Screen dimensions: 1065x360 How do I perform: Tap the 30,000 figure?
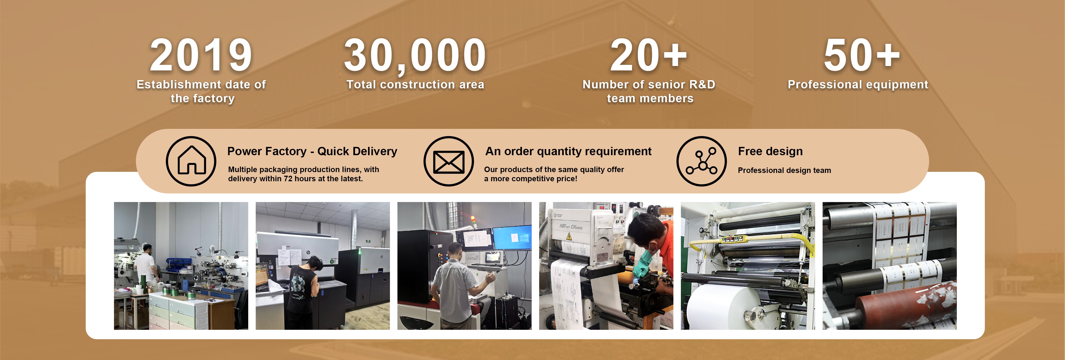tap(415, 56)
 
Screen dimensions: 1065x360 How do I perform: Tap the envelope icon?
tap(448, 162)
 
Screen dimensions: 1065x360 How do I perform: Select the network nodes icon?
tap(702, 161)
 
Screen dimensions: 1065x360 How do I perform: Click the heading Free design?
tap(770, 152)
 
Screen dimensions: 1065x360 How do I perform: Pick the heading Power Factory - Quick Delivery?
tap(312, 151)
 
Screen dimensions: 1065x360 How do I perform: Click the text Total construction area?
tap(415, 85)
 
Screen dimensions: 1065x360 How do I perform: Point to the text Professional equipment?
tap(858, 85)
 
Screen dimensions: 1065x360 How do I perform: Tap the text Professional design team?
tap(784, 170)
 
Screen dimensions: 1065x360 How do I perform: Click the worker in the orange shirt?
tap(651, 252)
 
